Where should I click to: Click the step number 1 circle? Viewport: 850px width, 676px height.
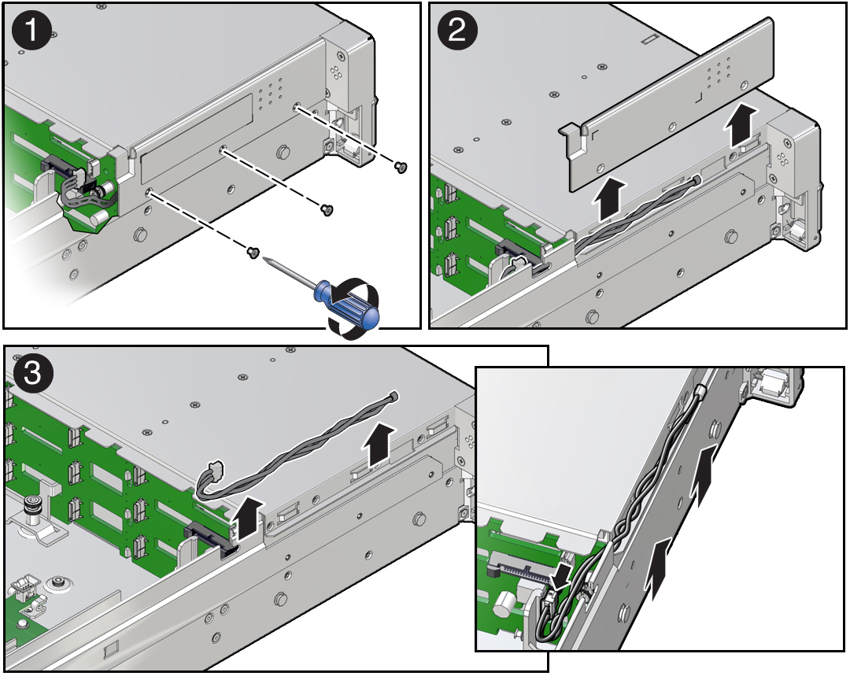pyautogui.click(x=31, y=30)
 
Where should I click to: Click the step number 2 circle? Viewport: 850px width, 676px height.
pyautogui.click(x=457, y=30)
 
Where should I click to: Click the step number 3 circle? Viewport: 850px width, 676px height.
pyautogui.click(x=32, y=374)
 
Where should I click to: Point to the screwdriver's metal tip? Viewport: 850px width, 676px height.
pyautogui.click(x=264, y=260)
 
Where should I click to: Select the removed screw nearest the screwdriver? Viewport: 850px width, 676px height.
pyautogui.click(x=252, y=252)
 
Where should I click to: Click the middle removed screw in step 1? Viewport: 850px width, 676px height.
pyautogui.click(x=327, y=210)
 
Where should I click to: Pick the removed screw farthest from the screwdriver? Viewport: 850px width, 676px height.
pyautogui.click(x=400, y=168)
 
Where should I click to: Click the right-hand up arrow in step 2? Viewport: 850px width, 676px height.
pyautogui.click(x=742, y=126)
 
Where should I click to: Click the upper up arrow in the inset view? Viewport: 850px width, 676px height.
pyautogui.click(x=704, y=475)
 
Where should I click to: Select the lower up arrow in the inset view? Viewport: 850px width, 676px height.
pyautogui.click(x=660, y=568)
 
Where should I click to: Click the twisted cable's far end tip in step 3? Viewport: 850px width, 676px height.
pyautogui.click(x=394, y=397)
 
